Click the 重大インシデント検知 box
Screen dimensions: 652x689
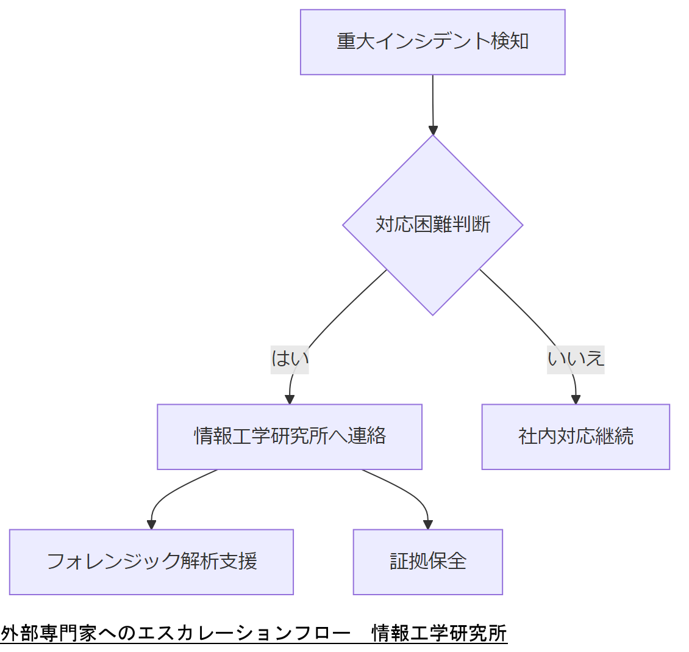pyautogui.click(x=432, y=42)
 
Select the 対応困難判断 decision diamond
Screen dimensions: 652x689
pyautogui.click(x=432, y=225)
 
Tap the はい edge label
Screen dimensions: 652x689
pyautogui.click(x=290, y=358)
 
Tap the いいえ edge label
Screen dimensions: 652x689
pyautogui.click(x=576, y=358)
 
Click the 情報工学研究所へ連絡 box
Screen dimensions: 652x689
pyautogui.click(x=290, y=436)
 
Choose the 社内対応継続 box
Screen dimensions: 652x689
pyautogui.click(x=576, y=436)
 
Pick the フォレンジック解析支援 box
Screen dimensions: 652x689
pyautogui.click(x=151, y=562)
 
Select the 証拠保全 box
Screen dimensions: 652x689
pyautogui.click(x=427, y=562)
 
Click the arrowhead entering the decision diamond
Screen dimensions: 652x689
pyautogui.click(x=433, y=130)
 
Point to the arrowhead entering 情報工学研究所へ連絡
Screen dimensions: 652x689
pyautogui.click(x=290, y=399)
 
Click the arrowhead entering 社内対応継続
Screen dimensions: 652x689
pyautogui.click(x=576, y=399)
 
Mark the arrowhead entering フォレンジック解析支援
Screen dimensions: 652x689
pyautogui.click(x=152, y=524)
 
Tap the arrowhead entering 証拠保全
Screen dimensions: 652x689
pyautogui.click(x=427, y=524)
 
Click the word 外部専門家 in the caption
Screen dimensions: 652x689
pyautogui.click(x=49, y=633)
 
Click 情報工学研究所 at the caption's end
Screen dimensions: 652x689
pyautogui.click(x=439, y=633)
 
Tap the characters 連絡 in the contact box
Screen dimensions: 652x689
pyautogui.click(x=367, y=436)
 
